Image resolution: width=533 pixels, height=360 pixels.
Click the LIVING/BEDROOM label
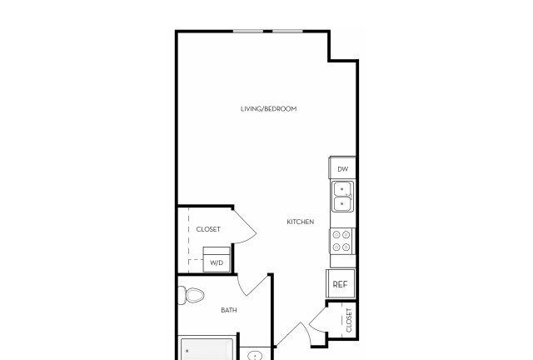coord(268,109)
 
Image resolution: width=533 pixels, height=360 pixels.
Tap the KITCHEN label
coord(301,222)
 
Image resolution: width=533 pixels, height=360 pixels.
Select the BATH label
coord(229,310)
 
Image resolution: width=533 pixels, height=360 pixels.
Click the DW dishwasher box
coord(342,167)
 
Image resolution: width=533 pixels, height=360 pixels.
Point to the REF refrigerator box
coord(341,284)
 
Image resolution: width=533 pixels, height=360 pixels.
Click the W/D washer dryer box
coord(217,260)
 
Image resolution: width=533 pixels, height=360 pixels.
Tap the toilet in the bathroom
coord(191,295)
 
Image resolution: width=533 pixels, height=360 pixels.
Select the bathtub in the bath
coord(207,348)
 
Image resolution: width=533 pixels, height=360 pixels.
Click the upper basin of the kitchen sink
coord(342,189)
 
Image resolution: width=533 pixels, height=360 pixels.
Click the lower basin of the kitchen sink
coord(342,203)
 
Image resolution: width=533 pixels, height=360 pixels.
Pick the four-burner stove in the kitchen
coord(342,241)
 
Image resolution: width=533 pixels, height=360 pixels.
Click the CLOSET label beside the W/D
coord(208,229)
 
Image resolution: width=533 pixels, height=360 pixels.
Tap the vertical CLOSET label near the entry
coord(349,320)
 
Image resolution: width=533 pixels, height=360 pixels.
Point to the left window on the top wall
coord(248,32)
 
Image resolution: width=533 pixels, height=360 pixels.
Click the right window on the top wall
coord(287,32)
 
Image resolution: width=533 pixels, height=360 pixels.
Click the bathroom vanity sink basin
coord(255,356)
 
